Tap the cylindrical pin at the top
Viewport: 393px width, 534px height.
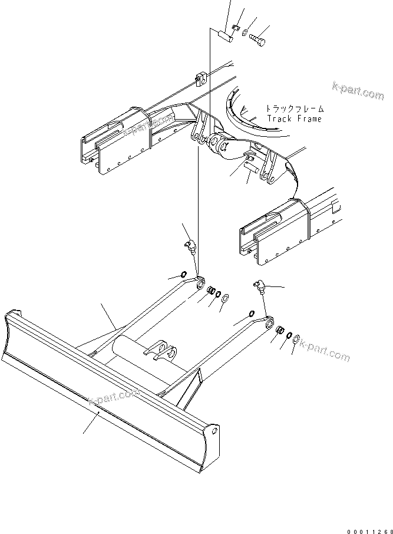click(x=223, y=36)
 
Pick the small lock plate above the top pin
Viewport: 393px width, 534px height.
click(x=235, y=27)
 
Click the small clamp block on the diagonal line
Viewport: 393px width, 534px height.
click(x=199, y=75)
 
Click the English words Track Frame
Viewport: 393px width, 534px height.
click(x=295, y=118)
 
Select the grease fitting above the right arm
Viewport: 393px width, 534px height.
click(x=259, y=287)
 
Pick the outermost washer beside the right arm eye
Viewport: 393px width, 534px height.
click(x=296, y=338)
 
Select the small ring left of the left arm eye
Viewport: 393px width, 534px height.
click(x=184, y=274)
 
